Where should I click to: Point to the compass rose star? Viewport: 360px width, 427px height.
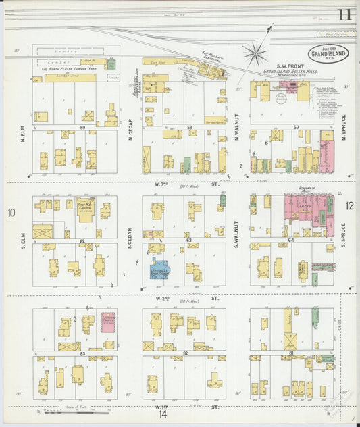click(x=255, y=51)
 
